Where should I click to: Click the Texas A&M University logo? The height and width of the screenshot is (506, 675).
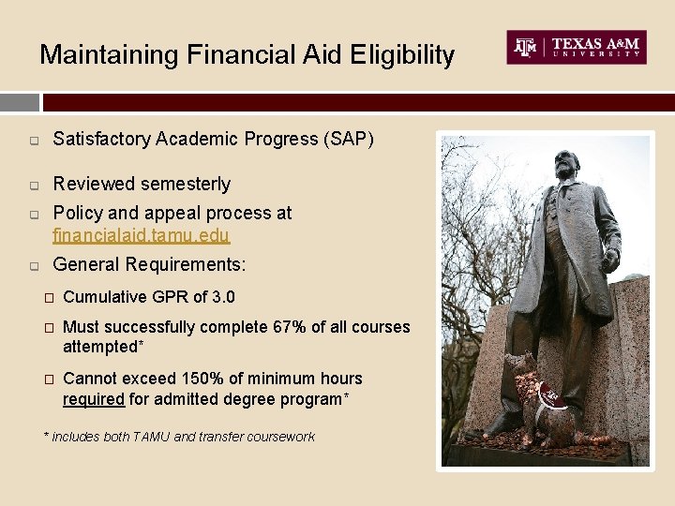click(x=577, y=47)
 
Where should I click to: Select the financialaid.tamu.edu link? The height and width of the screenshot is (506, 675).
click(x=141, y=235)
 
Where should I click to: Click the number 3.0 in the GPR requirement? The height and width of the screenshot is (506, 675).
click(x=223, y=297)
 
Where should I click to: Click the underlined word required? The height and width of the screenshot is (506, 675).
click(x=93, y=399)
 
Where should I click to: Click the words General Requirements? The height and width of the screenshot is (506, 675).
click(x=149, y=265)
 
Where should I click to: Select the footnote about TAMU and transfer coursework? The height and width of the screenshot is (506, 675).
click(x=179, y=437)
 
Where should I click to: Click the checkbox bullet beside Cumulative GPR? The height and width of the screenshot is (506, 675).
click(x=49, y=298)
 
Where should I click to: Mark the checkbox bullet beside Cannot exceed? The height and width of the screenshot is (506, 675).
click(x=49, y=379)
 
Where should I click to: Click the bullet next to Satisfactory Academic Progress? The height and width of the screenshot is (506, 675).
click(x=33, y=141)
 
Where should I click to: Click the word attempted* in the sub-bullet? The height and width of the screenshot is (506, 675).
click(x=101, y=347)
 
